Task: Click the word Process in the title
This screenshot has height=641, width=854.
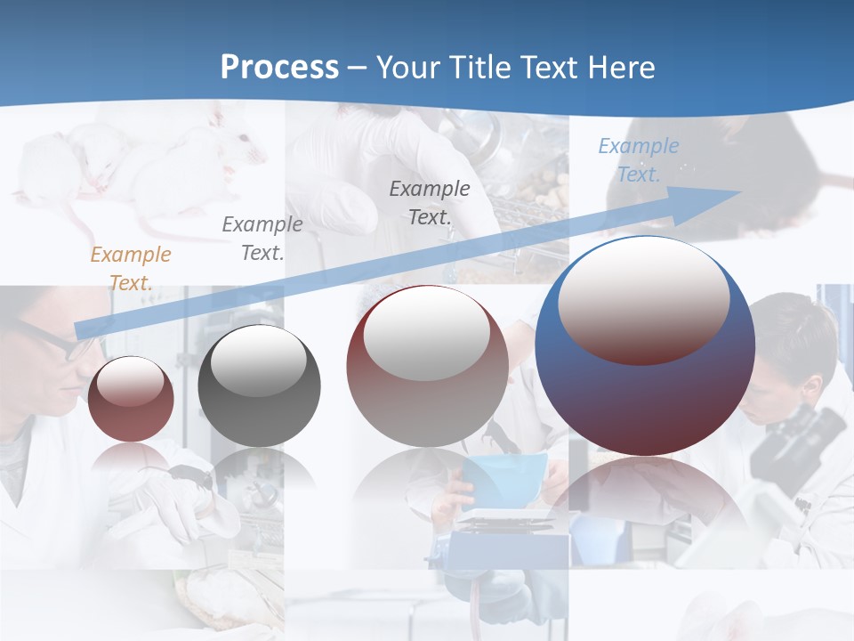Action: (x=279, y=68)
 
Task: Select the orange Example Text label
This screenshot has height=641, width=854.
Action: (x=130, y=269)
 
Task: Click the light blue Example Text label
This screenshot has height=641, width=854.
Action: (x=638, y=160)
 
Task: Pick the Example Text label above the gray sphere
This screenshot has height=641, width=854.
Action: (x=262, y=239)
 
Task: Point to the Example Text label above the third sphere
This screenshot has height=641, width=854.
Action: (x=429, y=203)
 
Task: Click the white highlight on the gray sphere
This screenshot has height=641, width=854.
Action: (x=258, y=361)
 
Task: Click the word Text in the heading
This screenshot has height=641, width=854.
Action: (x=547, y=68)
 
